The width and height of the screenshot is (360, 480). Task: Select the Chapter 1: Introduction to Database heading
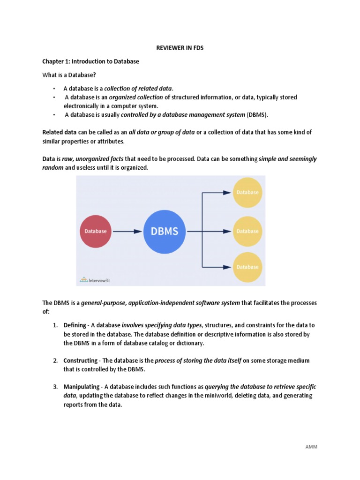coord(90,61)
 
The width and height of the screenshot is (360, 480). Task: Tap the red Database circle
coord(95,231)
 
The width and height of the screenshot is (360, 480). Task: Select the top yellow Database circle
coord(247,192)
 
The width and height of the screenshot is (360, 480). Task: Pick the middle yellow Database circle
coord(247,231)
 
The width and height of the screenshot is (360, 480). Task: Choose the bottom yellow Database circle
coord(247,267)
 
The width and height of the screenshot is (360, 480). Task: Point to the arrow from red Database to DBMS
coord(127,231)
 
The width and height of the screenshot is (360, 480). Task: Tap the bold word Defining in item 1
coord(75,325)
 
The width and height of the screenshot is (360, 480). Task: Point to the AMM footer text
coord(311,447)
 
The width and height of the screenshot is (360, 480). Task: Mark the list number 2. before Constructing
coord(55,360)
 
